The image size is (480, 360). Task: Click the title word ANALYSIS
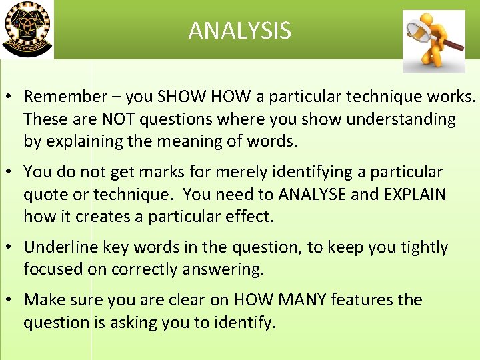239,31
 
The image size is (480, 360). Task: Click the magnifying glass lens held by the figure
419,31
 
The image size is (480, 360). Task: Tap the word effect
249,217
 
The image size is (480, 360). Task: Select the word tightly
424,247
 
